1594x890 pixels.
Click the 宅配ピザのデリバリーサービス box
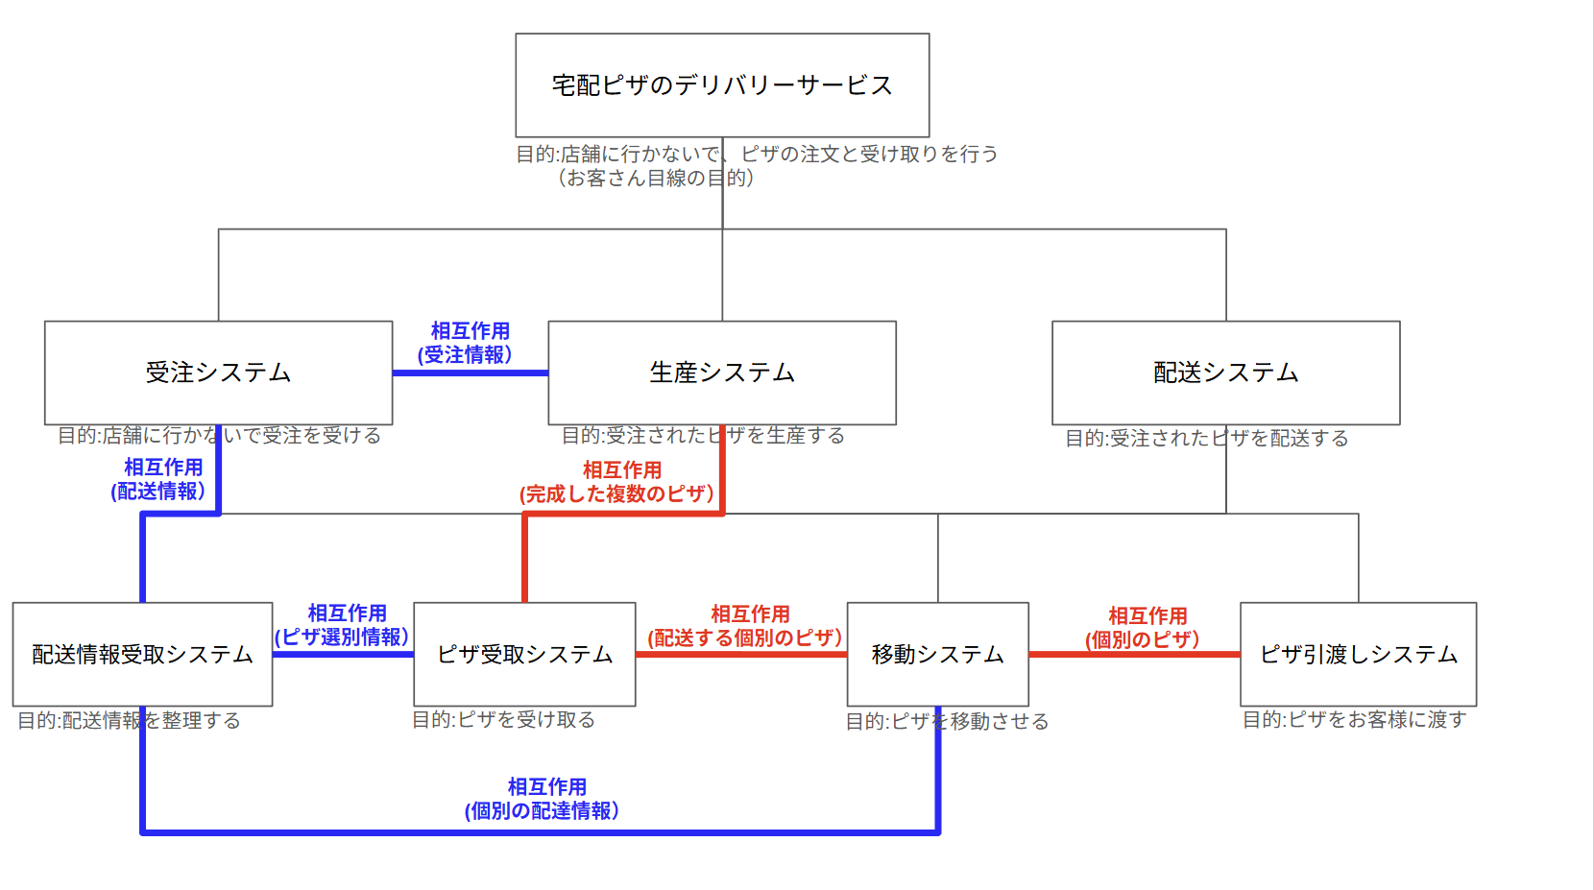[722, 85]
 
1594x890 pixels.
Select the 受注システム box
[218, 373]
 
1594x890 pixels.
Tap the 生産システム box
[722, 373]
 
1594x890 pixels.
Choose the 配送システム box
[1225, 373]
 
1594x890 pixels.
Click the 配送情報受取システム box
[142, 654]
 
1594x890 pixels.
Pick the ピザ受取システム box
[524, 654]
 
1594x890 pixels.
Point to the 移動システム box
[937, 654]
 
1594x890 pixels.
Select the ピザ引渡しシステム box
[1358, 654]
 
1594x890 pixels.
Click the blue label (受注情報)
[466, 354]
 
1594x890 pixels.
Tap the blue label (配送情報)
[158, 491]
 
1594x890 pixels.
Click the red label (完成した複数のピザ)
[617, 493]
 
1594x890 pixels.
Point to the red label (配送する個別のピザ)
[745, 637]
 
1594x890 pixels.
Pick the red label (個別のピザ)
[1143, 639]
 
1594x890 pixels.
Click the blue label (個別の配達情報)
[543, 810]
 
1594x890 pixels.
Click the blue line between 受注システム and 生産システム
[471, 373]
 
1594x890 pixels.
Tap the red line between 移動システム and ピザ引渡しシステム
[1134, 654]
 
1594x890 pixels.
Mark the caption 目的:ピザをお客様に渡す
[1354, 719]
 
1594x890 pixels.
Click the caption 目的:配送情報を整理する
[130, 720]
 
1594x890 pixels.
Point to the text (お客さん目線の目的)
[655, 178]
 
